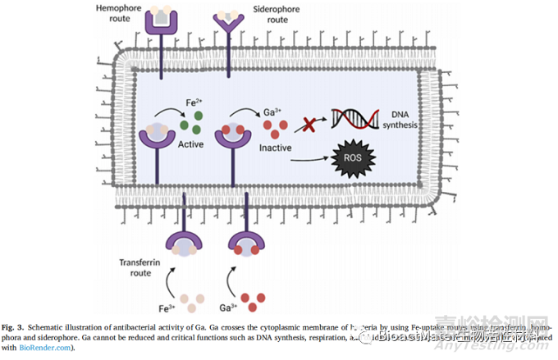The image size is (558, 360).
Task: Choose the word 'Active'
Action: (x=192, y=144)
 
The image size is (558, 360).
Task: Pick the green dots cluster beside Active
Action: (x=191, y=125)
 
